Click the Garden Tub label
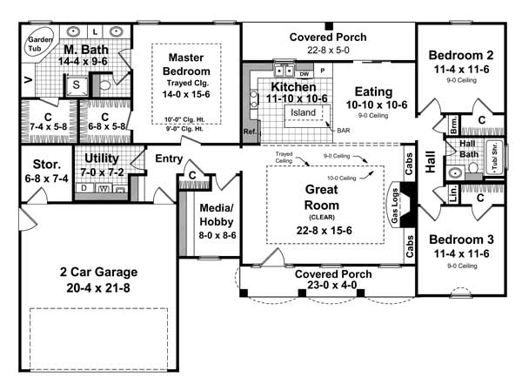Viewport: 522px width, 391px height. [x=37, y=44]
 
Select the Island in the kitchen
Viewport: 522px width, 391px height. [x=304, y=112]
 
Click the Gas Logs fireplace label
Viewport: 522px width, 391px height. [x=395, y=205]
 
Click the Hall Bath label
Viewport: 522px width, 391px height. [x=467, y=150]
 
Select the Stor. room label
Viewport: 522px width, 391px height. [x=40, y=162]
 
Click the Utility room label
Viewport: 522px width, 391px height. [x=102, y=158]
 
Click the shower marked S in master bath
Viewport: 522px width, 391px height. [x=76, y=84]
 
